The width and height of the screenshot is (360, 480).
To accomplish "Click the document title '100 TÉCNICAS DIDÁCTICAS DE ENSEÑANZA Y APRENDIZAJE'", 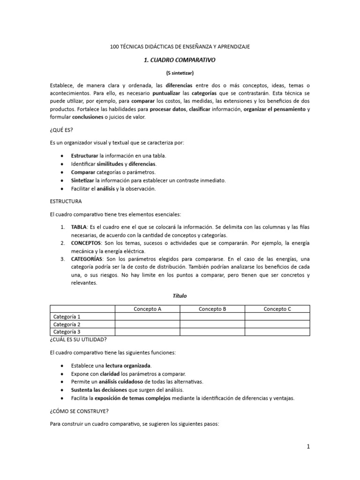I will pos(180,47).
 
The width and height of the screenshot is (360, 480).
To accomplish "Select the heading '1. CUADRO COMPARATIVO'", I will pos(180,60).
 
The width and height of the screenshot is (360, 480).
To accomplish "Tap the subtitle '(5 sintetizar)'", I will pos(180,74).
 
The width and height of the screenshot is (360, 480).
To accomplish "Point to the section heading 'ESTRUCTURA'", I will pos(66,201).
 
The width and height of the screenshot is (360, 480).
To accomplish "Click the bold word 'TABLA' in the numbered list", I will pos(81,227).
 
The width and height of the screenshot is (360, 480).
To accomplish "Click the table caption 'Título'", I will pos(180,296).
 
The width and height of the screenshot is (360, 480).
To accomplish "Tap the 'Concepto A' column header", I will pos(148,309).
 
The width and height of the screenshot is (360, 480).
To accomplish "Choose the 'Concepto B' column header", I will pos(212,309).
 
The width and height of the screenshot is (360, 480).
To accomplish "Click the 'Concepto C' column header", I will pos(277,309).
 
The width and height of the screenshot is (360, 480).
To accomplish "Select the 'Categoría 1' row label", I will pos(67,317).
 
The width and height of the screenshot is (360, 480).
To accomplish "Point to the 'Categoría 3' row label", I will pos(67,332).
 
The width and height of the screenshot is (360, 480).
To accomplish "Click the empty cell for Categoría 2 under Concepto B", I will pos(212,324).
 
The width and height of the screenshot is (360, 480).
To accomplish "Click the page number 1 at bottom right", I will pos(308,447).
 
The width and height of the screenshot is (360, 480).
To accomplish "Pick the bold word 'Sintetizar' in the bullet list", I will pos(82,180).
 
